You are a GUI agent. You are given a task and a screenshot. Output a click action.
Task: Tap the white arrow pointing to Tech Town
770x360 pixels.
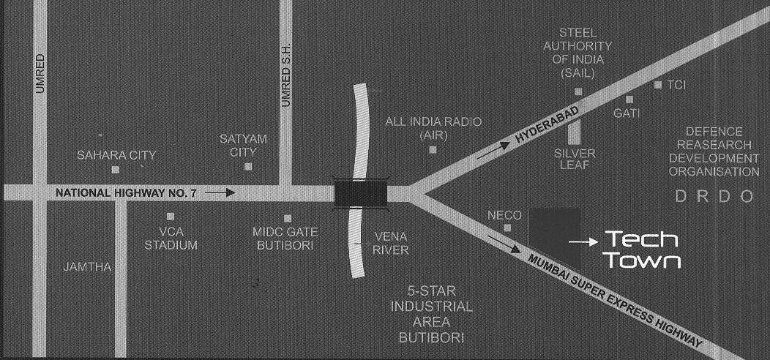point(583,241)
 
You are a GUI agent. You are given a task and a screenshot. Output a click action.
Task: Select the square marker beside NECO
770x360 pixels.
point(507,228)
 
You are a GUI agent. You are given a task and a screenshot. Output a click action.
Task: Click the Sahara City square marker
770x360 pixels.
point(115,170)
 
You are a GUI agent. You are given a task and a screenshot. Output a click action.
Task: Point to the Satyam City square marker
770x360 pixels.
point(248,167)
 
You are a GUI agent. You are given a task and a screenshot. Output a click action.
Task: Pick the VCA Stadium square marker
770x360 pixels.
point(170,217)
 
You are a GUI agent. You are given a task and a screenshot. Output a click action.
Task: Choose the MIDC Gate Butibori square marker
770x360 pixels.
point(288,218)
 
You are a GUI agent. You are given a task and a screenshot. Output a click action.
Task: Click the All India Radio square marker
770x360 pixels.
point(433,150)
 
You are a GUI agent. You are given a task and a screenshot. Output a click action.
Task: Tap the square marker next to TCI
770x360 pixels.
point(658,85)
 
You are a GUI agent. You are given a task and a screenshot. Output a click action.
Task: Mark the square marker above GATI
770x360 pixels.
point(629,99)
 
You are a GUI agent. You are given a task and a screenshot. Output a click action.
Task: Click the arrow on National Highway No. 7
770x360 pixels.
point(220,193)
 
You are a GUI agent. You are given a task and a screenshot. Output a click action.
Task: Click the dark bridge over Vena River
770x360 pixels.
point(359,193)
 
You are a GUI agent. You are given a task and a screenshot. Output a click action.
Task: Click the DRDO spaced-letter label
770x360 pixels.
point(714,196)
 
